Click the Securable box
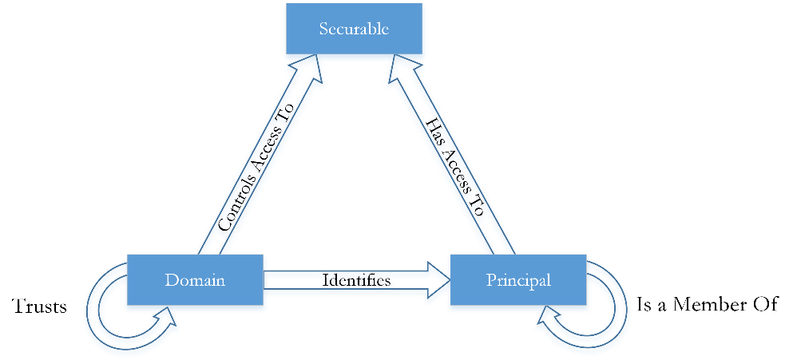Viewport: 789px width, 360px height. (x=354, y=28)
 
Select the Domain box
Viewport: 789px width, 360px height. (x=195, y=279)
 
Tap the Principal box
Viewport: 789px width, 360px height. (x=518, y=279)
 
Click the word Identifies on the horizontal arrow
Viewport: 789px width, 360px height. (x=356, y=280)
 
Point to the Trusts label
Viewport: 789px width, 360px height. (x=39, y=306)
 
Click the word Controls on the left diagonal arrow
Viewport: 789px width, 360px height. (x=235, y=205)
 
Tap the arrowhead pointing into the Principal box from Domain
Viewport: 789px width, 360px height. (x=438, y=279)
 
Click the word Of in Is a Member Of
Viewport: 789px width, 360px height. (x=763, y=304)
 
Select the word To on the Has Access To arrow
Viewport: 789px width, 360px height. (x=480, y=206)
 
